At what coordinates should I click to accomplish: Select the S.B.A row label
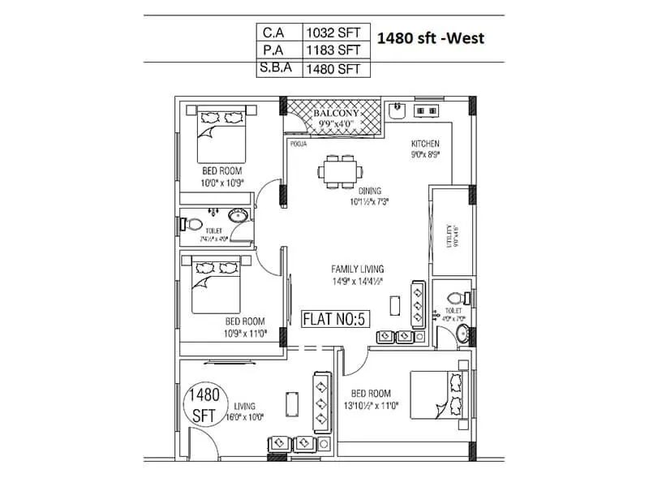[275, 70]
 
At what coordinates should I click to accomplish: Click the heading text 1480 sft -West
[432, 37]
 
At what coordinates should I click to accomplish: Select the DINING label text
[369, 192]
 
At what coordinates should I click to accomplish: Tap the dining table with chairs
[339, 170]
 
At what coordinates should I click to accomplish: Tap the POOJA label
[298, 144]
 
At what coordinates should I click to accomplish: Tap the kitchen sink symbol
[398, 109]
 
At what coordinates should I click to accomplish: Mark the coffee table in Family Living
[394, 305]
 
